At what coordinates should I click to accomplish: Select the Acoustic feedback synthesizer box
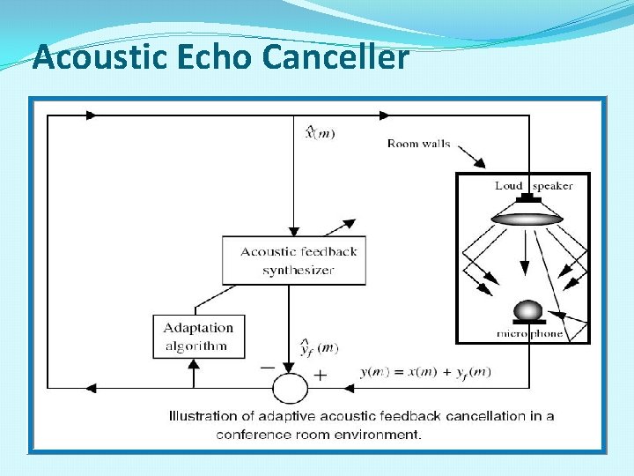293,260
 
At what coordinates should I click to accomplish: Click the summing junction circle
290,387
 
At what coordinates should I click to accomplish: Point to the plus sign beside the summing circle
320,375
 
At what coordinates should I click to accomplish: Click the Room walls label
418,144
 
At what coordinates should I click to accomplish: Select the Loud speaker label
534,185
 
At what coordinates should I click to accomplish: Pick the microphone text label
529,334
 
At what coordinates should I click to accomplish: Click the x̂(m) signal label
320,133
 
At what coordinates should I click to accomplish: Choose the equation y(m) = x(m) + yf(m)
426,373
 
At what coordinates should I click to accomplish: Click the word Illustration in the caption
203,416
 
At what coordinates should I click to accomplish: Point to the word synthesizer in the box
298,270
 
